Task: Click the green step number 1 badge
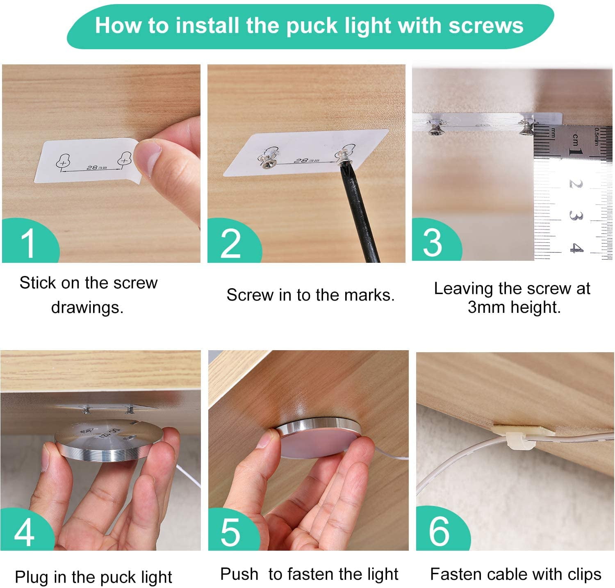click(x=29, y=242)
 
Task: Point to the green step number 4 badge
click(x=25, y=531)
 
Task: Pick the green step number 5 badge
click(x=232, y=531)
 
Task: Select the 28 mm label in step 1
click(x=97, y=167)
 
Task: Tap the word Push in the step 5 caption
click(x=239, y=574)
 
